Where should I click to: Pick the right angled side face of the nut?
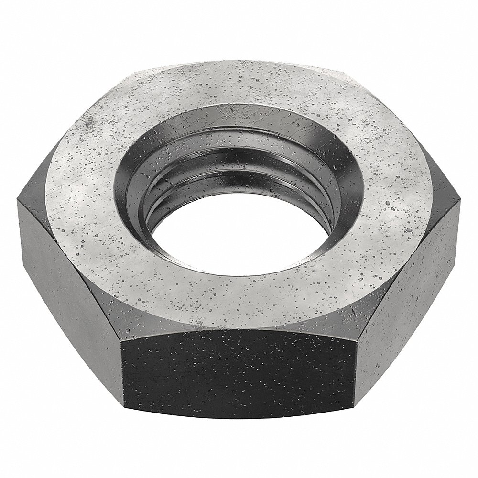click(x=411, y=287)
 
